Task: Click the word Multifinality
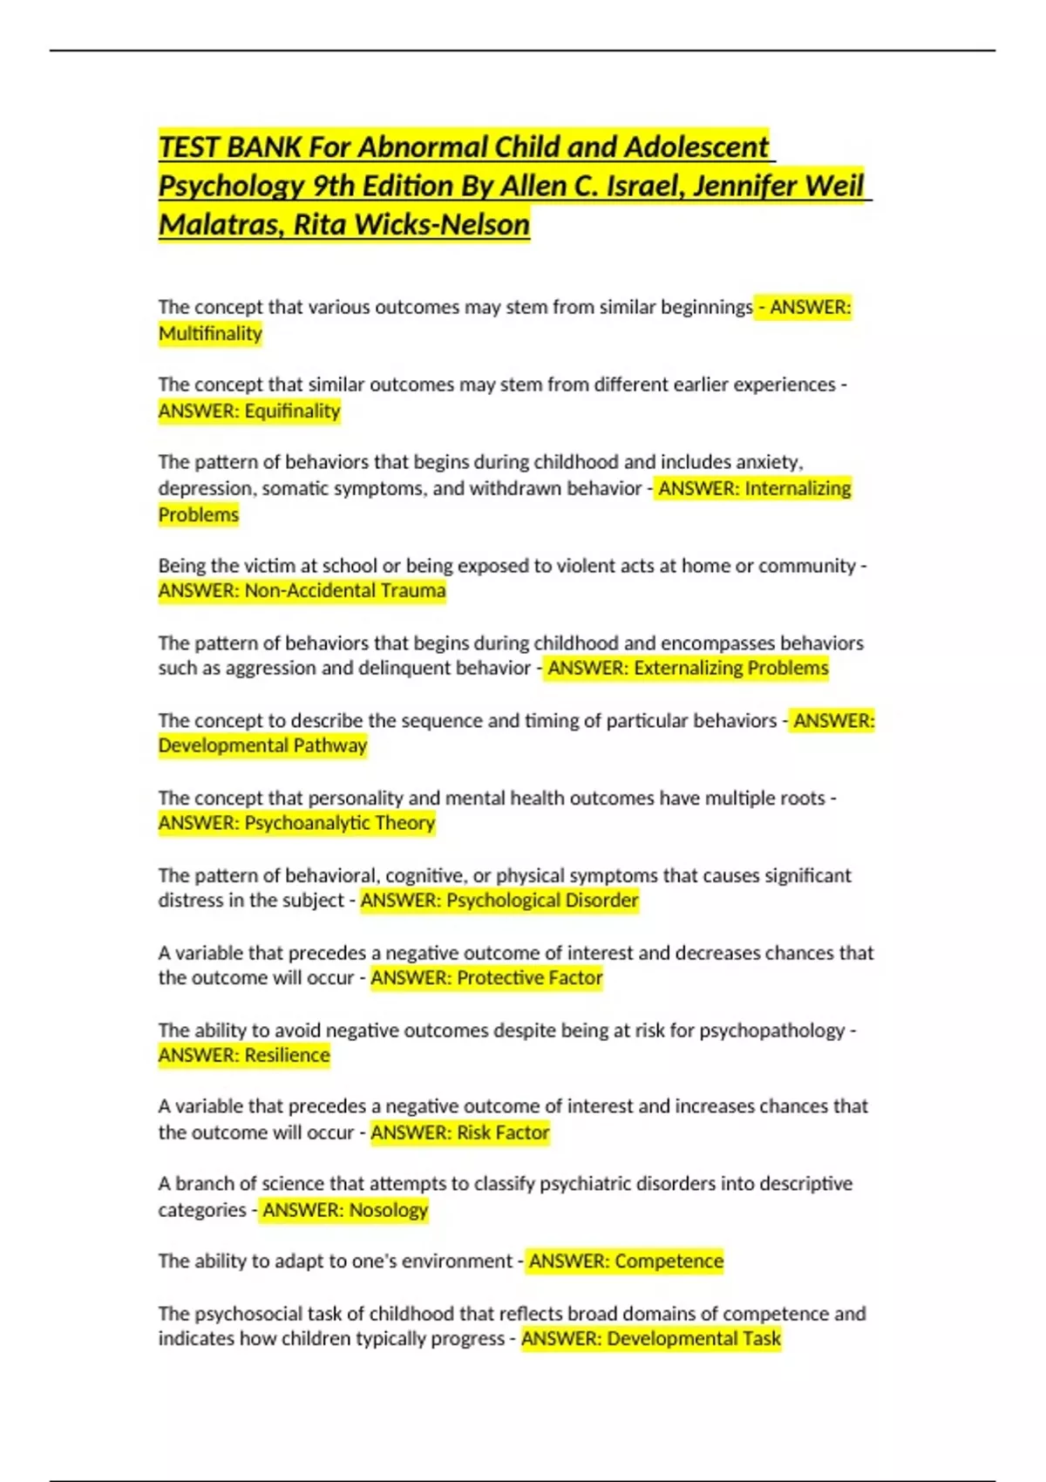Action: coord(210,333)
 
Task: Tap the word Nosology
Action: coord(388,1209)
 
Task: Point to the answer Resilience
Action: coord(287,1055)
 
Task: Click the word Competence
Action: coord(669,1261)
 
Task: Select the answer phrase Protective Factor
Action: coord(530,977)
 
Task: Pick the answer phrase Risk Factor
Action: coord(503,1132)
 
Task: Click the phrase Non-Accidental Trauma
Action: coord(345,590)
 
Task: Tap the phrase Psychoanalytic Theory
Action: coord(339,822)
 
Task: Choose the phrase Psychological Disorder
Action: coord(542,900)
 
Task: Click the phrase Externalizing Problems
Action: coord(731,668)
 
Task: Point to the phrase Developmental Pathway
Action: coord(262,745)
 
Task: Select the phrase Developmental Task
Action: coord(694,1338)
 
